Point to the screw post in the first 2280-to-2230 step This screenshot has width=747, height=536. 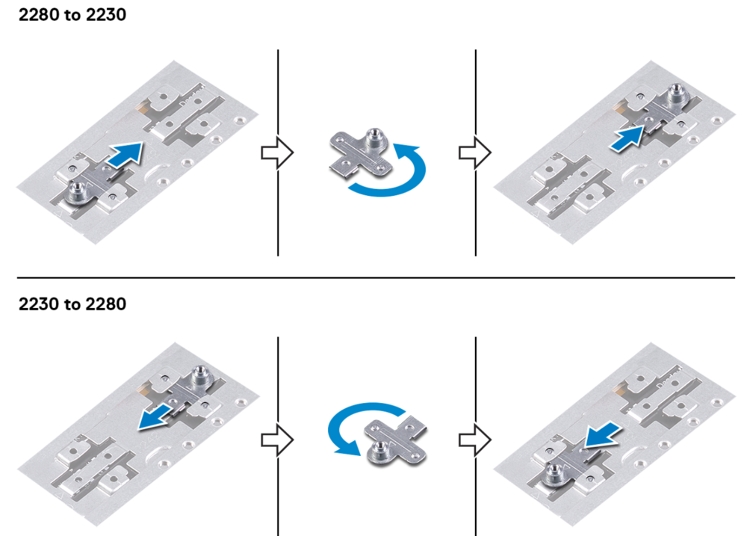pyautogui.click(x=77, y=194)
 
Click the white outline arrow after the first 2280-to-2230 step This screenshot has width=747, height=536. pyautogui.click(x=276, y=153)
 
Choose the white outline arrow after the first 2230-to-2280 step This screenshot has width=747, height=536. pyautogui.click(x=276, y=438)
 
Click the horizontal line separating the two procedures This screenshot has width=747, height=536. pyautogui.click(x=373, y=277)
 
